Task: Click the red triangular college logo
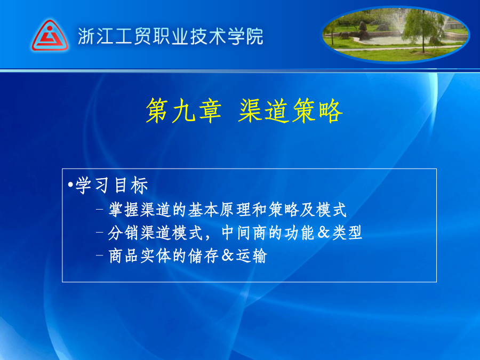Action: (x=50, y=36)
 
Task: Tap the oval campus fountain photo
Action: (x=395, y=34)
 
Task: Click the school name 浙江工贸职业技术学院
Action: (x=171, y=36)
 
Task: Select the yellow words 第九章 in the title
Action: (x=183, y=110)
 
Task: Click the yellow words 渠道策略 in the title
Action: (x=290, y=110)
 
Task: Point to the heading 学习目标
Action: (x=112, y=186)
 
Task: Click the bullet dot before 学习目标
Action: (x=70, y=185)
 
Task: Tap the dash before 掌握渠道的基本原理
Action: (x=99, y=210)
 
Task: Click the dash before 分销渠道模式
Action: (x=99, y=233)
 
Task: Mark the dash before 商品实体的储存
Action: (x=99, y=255)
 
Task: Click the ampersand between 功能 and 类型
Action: (x=324, y=233)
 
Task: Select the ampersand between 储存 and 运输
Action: (x=227, y=255)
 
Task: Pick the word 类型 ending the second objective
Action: (x=347, y=233)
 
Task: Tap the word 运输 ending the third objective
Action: (x=251, y=255)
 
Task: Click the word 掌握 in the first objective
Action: (x=124, y=210)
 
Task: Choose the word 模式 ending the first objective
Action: (x=331, y=210)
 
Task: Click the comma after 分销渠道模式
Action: (x=208, y=237)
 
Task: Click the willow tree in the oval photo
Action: (x=423, y=29)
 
